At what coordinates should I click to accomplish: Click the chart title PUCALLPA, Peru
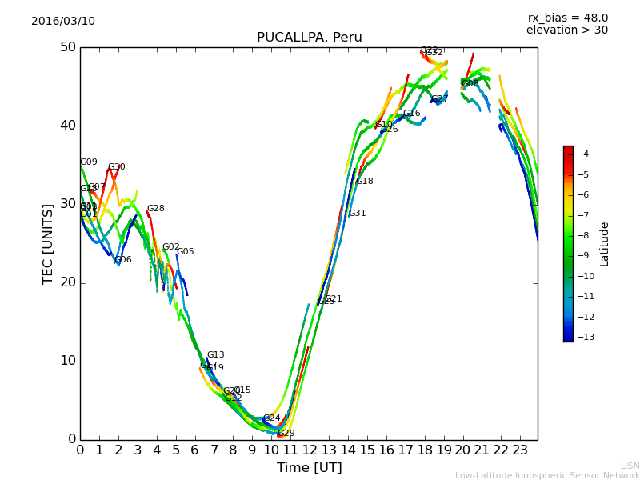coord(309,38)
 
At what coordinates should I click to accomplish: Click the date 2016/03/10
coord(63,22)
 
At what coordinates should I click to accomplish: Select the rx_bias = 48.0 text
coord(567,18)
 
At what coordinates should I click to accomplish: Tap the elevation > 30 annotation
coord(566,30)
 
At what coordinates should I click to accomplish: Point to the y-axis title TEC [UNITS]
coord(48,243)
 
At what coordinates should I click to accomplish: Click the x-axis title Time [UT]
coord(309,468)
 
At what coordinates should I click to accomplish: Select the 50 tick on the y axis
coord(67,47)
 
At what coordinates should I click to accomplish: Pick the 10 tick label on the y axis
coord(67,361)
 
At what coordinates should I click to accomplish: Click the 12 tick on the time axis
coord(310,450)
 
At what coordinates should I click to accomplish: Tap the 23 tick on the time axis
coord(520,450)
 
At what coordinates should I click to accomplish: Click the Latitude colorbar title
coord(605,244)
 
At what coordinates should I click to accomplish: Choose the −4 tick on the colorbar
coord(582,154)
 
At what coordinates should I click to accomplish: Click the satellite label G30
coord(117,167)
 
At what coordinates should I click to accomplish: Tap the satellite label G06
coord(123,260)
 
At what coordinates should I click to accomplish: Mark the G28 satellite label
coord(155,209)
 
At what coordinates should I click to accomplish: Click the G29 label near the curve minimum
coord(286,434)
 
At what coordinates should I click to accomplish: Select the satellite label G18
coord(365,182)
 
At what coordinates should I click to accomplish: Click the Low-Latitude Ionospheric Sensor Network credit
coord(547,476)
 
